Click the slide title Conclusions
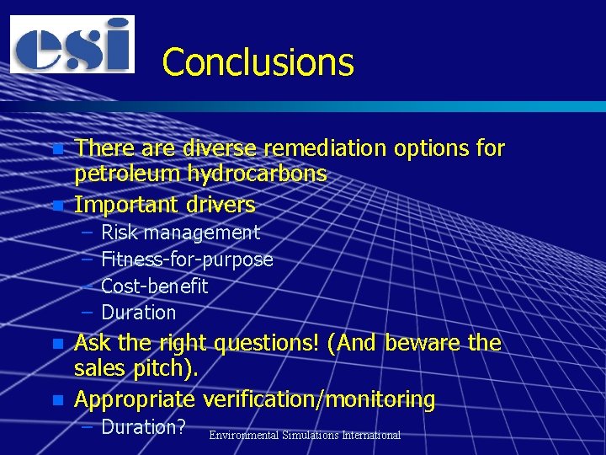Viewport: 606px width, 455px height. pyautogui.click(x=258, y=62)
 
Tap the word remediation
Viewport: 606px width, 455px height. pyautogui.click(x=314, y=149)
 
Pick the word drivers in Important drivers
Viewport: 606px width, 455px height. pyautogui.click(x=215, y=204)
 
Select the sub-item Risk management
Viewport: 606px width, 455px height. pyautogui.click(x=180, y=233)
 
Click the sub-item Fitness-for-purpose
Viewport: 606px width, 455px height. pyautogui.click(x=187, y=260)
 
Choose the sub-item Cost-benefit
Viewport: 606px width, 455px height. pyautogui.click(x=154, y=286)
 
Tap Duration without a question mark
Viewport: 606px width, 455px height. pyautogui.click(x=138, y=313)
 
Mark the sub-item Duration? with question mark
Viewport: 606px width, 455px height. pyautogui.click(x=143, y=426)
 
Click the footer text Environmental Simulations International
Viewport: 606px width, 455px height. pyautogui.click(x=305, y=436)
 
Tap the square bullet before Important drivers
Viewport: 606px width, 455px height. pyautogui.click(x=56, y=205)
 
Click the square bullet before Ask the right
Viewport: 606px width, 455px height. pyautogui.click(x=56, y=344)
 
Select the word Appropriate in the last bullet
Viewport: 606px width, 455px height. pyautogui.click(x=135, y=399)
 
